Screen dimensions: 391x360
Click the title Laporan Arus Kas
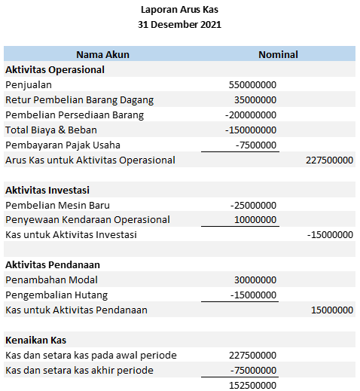tap(179, 10)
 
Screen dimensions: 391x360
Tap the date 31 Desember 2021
tap(179, 25)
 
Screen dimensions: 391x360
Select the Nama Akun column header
tap(102, 54)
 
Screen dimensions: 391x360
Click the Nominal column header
tap(278, 54)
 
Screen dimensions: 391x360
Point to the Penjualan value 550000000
tap(252, 84)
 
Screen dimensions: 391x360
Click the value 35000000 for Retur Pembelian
tap(255, 99)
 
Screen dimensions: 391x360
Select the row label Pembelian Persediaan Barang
tap(75, 115)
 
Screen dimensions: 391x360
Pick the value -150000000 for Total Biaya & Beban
tap(251, 130)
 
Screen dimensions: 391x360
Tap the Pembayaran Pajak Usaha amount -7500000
tap(256, 145)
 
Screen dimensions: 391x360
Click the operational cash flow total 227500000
tap(330, 160)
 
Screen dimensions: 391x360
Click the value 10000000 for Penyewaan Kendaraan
tap(255, 220)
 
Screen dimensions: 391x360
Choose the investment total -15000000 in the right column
tap(330, 235)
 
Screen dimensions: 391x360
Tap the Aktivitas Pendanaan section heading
tap(53, 265)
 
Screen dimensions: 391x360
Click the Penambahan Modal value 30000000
tap(255, 280)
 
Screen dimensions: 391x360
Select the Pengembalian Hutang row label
tap(56, 295)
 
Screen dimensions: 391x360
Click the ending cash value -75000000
tap(253, 370)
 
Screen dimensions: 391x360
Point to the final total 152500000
tap(252, 385)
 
